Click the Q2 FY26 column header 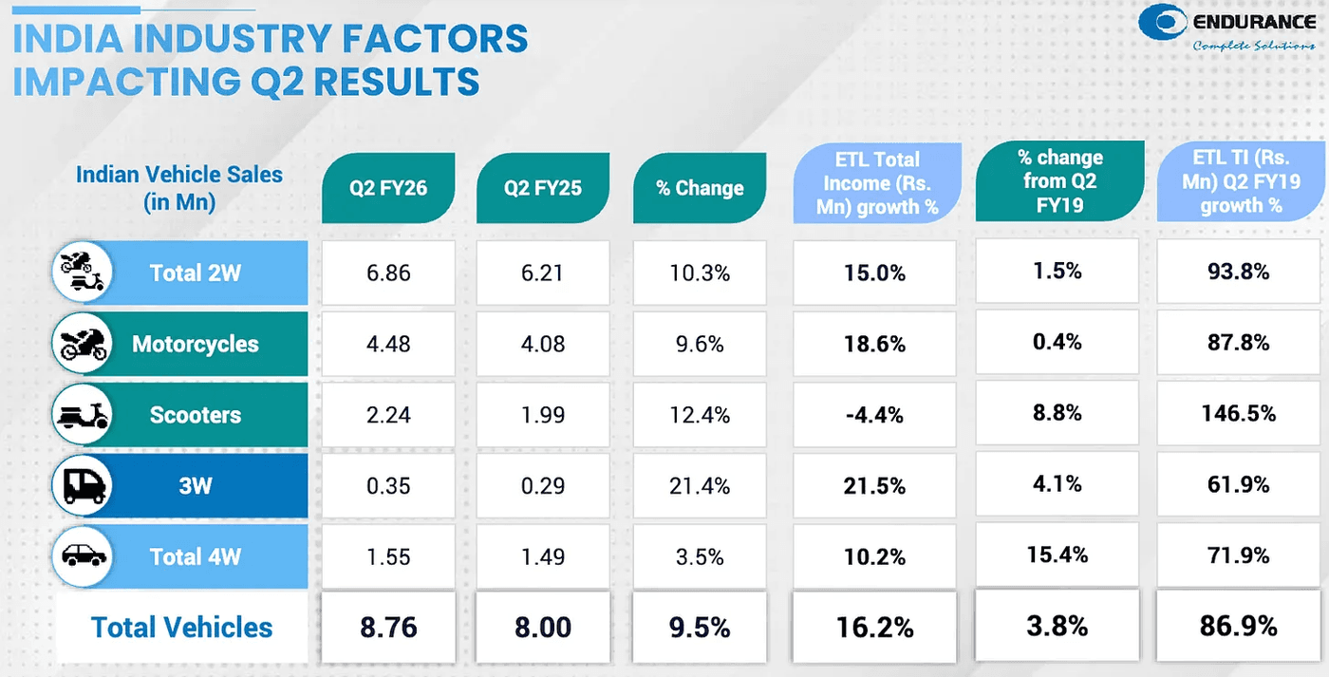pyautogui.click(x=388, y=187)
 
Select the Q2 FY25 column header pyautogui.click(x=542, y=187)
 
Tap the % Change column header pyautogui.click(x=700, y=187)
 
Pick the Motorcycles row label pyautogui.click(x=195, y=344)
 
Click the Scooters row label pyautogui.click(x=195, y=415)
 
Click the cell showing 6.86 pyautogui.click(x=388, y=273)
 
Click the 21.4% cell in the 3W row pyautogui.click(x=700, y=486)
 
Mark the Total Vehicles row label pyautogui.click(x=181, y=627)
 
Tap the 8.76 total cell pyautogui.click(x=388, y=627)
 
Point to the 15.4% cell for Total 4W pyautogui.click(x=1058, y=555)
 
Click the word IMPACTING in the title pyautogui.click(x=123, y=83)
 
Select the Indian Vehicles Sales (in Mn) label pyautogui.click(x=178, y=188)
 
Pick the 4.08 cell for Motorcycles pyautogui.click(x=542, y=344)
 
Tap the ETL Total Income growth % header pyautogui.click(x=876, y=183)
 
